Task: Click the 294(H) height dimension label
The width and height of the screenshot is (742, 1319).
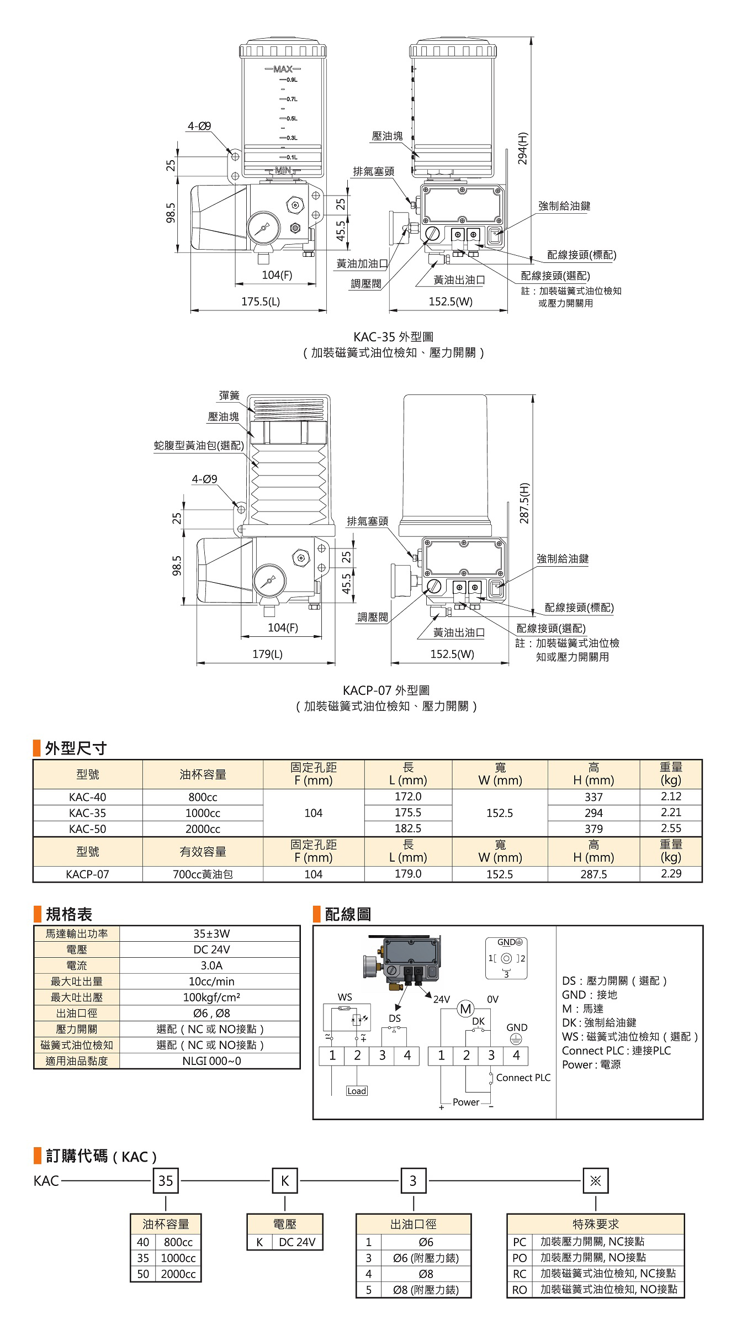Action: [x=523, y=148]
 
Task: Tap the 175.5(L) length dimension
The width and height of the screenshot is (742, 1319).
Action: [x=261, y=302]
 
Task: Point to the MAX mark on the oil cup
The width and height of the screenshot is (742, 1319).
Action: [x=283, y=69]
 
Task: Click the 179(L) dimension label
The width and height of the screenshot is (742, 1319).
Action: [x=268, y=654]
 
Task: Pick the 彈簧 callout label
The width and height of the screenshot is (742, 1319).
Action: [x=230, y=395]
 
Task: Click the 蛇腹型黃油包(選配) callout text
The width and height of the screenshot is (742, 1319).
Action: [x=199, y=445]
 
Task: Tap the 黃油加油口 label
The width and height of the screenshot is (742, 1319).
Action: [x=362, y=264]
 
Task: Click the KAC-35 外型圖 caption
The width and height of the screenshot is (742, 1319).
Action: [x=394, y=336]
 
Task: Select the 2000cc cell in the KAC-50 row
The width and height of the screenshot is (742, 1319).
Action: [x=203, y=829]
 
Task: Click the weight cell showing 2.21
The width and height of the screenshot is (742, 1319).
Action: [x=671, y=812]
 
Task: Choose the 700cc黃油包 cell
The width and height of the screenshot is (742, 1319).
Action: [x=203, y=874]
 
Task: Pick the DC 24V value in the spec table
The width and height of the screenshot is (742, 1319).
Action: [x=211, y=949]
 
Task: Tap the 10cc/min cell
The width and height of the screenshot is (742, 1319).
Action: [x=211, y=982]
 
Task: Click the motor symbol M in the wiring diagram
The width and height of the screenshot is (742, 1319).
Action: [x=466, y=1009]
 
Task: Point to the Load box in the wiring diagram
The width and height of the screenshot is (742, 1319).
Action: [x=357, y=1091]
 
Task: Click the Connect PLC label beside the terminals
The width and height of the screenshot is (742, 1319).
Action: [x=523, y=1078]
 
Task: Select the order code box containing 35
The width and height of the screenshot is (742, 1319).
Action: [x=166, y=1181]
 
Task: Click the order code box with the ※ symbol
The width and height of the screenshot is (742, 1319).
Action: [x=595, y=1181]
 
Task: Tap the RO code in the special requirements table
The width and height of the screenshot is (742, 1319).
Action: [x=519, y=1290]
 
